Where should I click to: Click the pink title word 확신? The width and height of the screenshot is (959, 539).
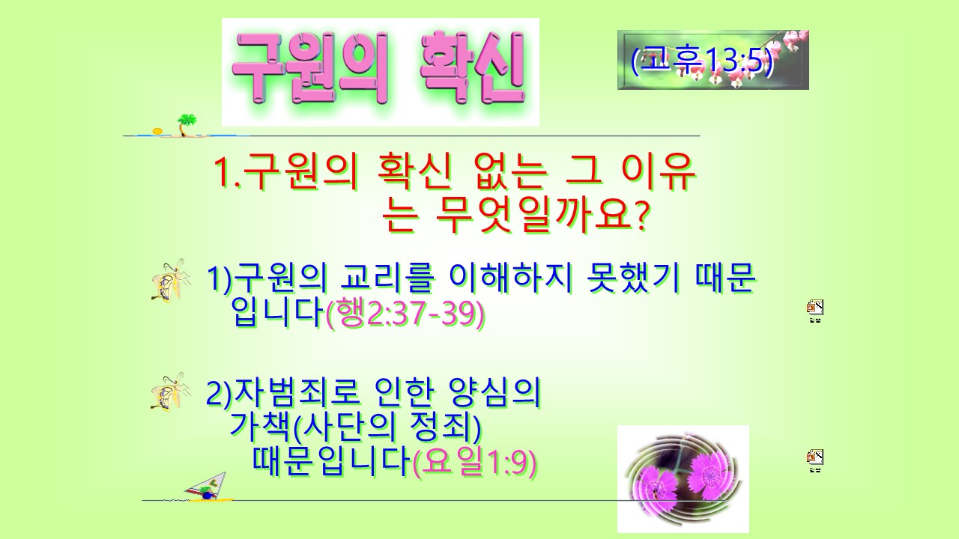pos(473,67)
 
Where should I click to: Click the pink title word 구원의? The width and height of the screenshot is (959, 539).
pos(310,67)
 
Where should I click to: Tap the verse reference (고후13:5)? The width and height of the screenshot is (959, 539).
pos(703,61)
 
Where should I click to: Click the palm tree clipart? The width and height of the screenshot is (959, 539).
pos(187,125)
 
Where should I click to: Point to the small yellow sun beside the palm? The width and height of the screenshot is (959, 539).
pos(157,131)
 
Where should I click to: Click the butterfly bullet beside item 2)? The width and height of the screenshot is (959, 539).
pos(171,392)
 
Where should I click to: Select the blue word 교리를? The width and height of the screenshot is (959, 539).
pos(387,278)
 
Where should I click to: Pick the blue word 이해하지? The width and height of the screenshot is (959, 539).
pos(510,278)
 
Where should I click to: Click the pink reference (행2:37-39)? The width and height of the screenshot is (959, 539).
pos(405,314)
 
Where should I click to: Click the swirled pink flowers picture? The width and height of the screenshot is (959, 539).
pos(683,478)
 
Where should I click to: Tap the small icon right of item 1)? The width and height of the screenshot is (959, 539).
pos(815,311)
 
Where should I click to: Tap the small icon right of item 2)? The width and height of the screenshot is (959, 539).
pos(815,460)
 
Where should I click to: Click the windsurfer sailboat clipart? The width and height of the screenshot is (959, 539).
pos(208,487)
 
